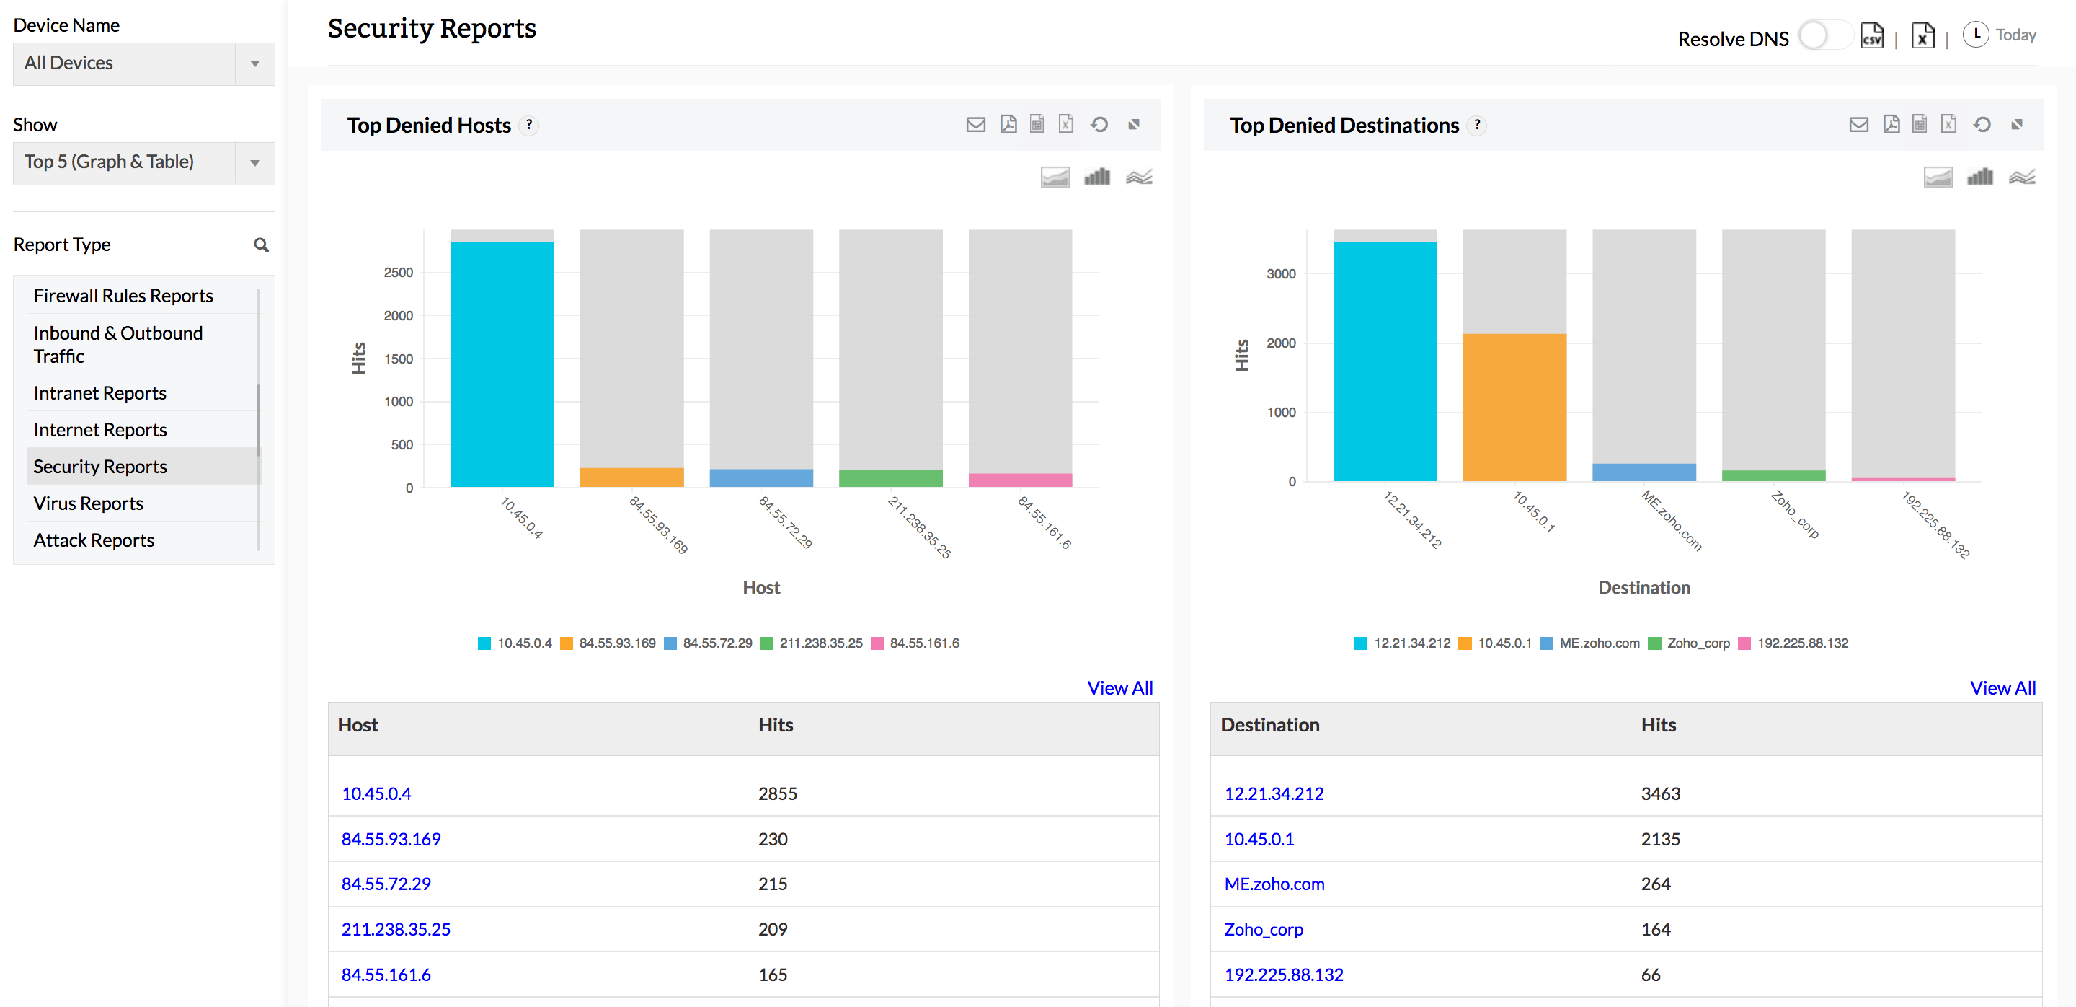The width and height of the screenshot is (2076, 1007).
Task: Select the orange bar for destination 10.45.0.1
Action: tap(1514, 407)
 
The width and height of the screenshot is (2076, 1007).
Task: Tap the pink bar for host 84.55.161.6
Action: tap(1019, 480)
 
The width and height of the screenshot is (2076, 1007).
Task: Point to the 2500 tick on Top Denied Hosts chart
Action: tap(398, 273)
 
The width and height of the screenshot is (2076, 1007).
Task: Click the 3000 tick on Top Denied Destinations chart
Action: tap(1281, 274)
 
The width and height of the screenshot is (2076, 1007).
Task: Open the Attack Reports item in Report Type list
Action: tap(94, 540)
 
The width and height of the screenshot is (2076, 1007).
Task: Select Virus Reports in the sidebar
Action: tap(88, 503)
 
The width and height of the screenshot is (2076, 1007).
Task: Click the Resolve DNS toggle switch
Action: tap(1823, 36)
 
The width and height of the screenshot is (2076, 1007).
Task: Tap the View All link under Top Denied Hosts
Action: tap(1119, 687)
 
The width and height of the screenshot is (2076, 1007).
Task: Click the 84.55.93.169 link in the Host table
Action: tap(391, 838)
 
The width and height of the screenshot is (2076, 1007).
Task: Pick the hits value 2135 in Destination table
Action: tap(1660, 838)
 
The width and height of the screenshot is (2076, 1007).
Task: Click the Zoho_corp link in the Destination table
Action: tap(1263, 929)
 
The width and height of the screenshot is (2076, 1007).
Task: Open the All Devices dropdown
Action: tap(143, 63)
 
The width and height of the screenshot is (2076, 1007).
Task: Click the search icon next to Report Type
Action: tap(261, 245)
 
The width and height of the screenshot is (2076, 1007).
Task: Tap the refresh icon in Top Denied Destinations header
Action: tap(1982, 124)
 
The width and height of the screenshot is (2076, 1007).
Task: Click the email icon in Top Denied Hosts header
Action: tap(975, 124)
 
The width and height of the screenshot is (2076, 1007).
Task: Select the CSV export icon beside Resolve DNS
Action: tap(1871, 36)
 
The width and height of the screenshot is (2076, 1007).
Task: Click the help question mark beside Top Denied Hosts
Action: tap(528, 125)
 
